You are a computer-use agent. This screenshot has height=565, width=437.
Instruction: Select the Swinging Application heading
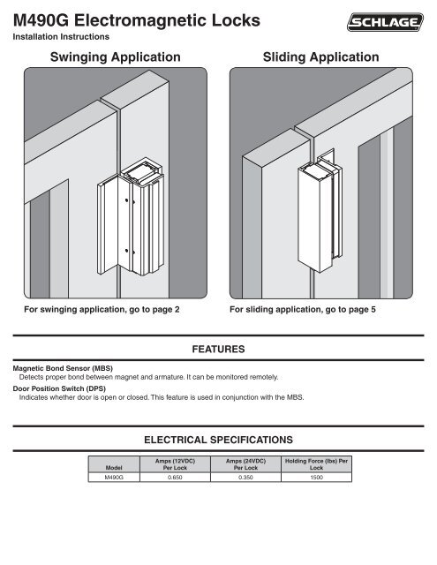tap(109, 57)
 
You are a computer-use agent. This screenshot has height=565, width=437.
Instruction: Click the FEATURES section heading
tap(218, 350)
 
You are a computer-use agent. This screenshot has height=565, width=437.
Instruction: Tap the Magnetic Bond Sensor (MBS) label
tap(61, 367)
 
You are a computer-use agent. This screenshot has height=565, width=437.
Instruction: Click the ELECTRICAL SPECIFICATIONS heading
tap(218, 438)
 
